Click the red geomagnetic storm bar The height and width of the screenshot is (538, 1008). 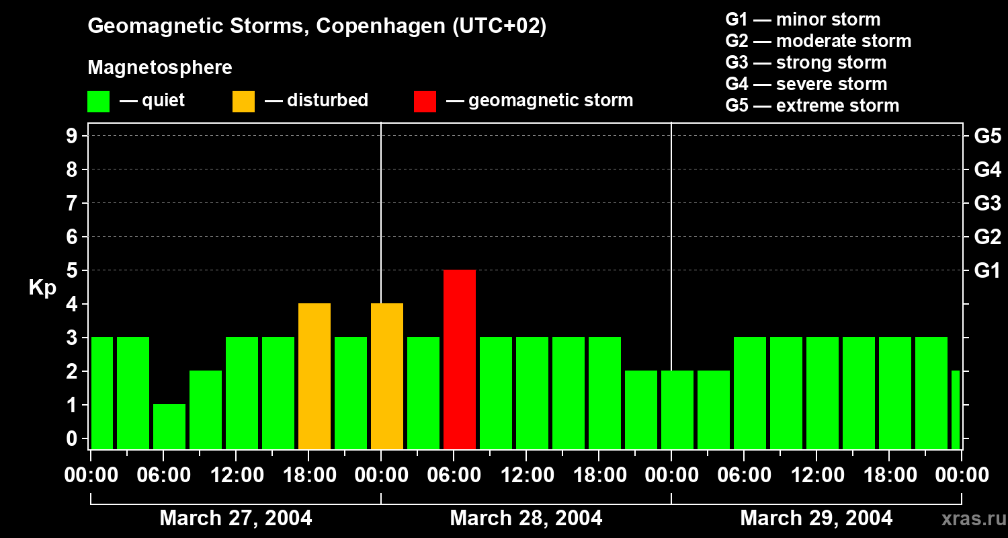(460, 359)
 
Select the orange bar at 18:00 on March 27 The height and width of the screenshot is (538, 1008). (314, 376)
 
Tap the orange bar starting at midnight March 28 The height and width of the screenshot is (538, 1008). (387, 376)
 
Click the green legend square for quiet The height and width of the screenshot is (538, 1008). (98, 101)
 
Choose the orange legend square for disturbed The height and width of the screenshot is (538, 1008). (243, 101)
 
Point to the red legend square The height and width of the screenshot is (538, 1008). (425, 101)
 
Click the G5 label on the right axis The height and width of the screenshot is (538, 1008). (987, 136)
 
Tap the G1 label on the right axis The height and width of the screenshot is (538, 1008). (987, 270)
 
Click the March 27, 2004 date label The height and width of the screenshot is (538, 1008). (235, 518)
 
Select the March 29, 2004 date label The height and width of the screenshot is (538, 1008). (816, 518)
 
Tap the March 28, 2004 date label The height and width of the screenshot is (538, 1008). (526, 518)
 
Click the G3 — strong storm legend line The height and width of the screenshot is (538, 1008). (806, 63)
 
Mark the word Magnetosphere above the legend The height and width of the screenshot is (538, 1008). (160, 68)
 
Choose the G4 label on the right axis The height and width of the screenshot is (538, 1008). (987, 169)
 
